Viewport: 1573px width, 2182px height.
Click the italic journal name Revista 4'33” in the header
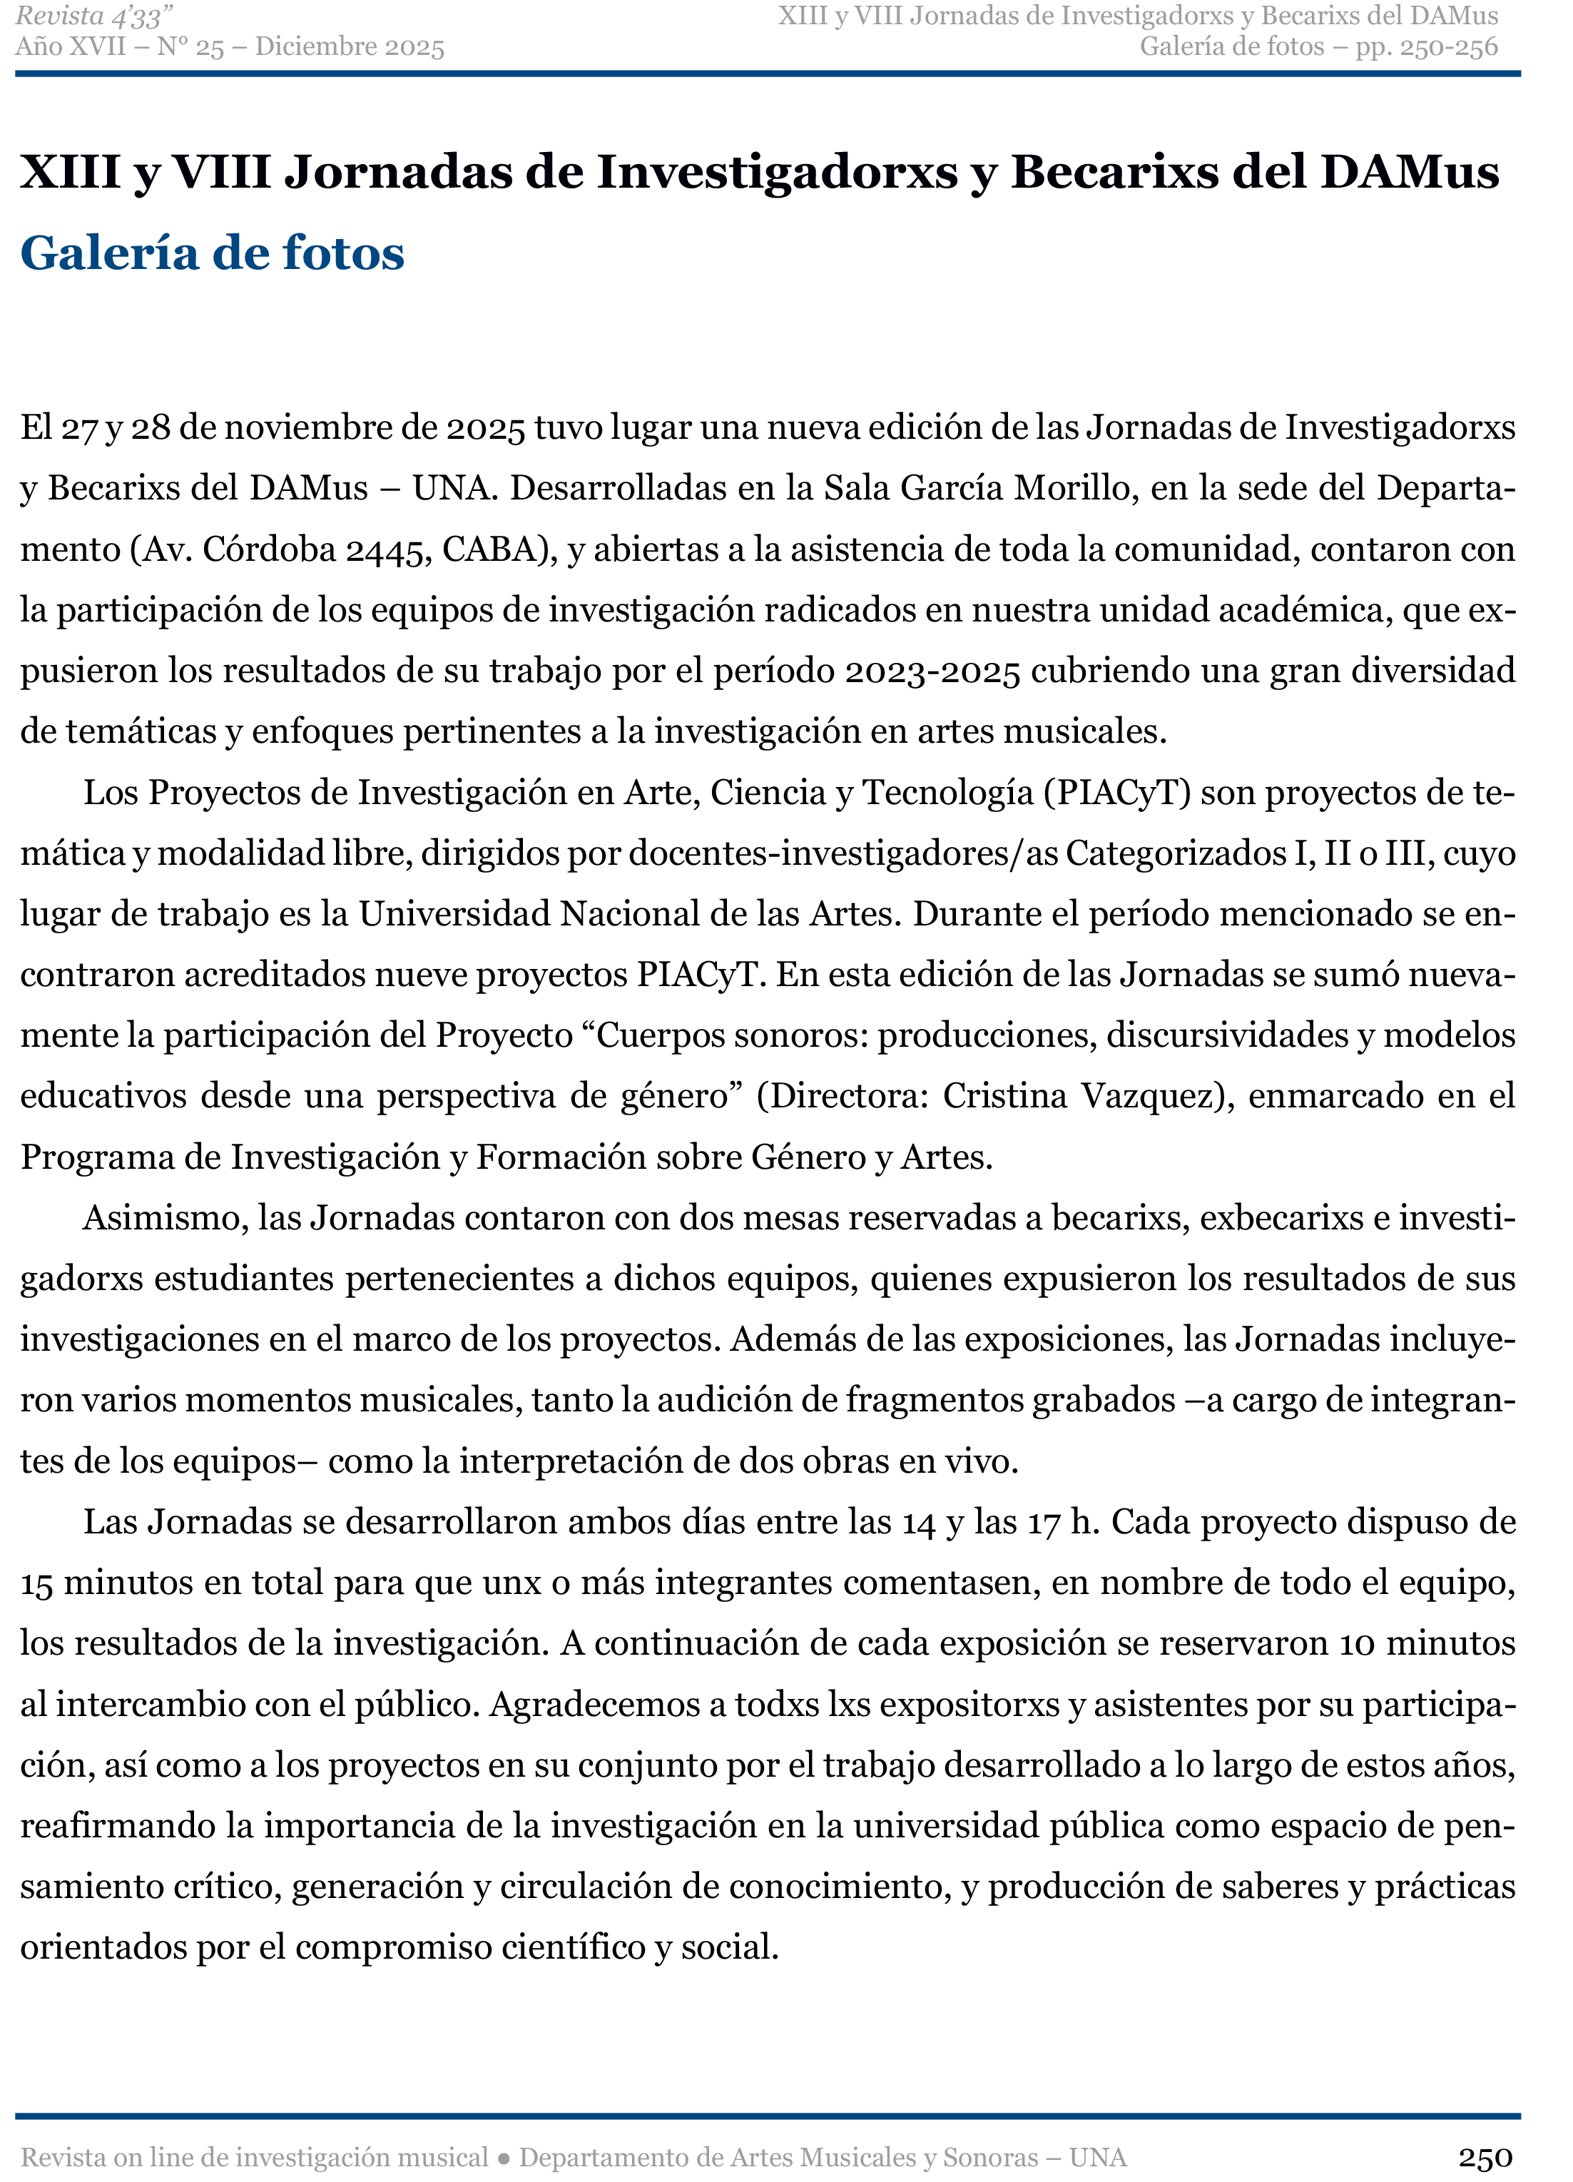click(x=93, y=16)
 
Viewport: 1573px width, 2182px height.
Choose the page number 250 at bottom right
click(x=1485, y=2158)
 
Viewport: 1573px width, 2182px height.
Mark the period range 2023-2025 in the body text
click(x=932, y=671)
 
